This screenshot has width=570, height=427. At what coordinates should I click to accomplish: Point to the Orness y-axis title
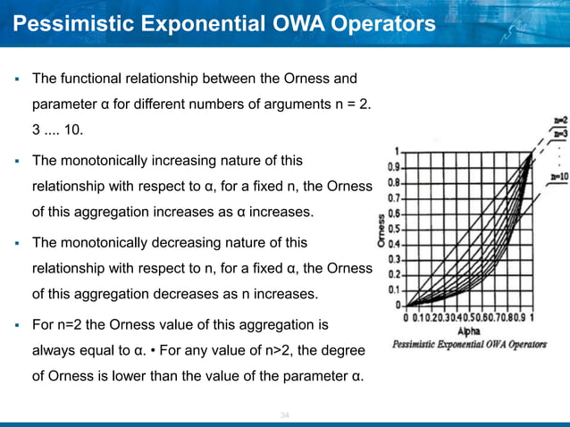[x=382, y=231]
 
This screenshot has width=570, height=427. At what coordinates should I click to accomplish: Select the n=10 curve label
[x=558, y=177]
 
